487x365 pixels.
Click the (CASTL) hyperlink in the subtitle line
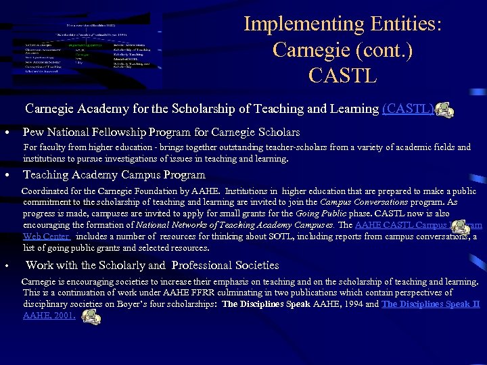coord(408,109)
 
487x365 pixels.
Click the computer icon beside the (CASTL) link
coord(444,109)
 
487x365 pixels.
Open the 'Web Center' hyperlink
coord(47,237)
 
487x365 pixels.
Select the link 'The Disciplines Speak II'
coord(430,304)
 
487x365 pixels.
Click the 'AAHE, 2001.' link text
coord(49,315)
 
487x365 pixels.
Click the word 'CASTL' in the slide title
coord(343,75)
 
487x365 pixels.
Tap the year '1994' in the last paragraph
coord(350,304)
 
